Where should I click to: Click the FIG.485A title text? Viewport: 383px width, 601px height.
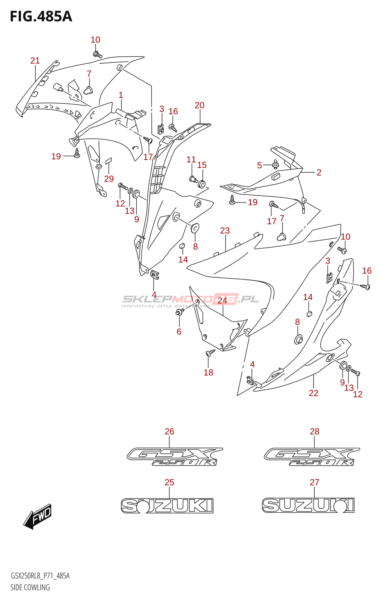point(41,17)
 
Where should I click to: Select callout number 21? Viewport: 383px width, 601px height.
point(35,60)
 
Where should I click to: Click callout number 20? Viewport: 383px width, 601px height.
point(199,105)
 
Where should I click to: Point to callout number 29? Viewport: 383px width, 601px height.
point(109,179)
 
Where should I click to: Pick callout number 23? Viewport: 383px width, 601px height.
point(225,231)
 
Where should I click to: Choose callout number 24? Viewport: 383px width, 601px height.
point(223,300)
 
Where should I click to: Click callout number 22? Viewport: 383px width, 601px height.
point(314,393)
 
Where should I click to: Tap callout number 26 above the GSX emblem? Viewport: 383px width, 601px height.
point(169,432)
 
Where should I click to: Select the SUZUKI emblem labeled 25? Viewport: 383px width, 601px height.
point(167,506)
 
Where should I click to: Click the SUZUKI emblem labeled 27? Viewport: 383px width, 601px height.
point(308,506)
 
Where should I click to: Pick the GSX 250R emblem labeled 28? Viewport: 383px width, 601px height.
point(312,457)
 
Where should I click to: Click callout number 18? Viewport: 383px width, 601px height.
point(208,372)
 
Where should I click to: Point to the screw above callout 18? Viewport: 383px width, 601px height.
point(210,353)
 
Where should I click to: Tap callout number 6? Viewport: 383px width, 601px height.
point(179,332)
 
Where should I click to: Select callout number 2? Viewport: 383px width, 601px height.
point(319,172)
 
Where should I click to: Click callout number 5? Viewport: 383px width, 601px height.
point(259,165)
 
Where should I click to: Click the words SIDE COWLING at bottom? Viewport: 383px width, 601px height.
point(30,587)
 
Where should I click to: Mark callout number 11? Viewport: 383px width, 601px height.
point(191,160)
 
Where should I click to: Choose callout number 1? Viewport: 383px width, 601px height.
point(121,95)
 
